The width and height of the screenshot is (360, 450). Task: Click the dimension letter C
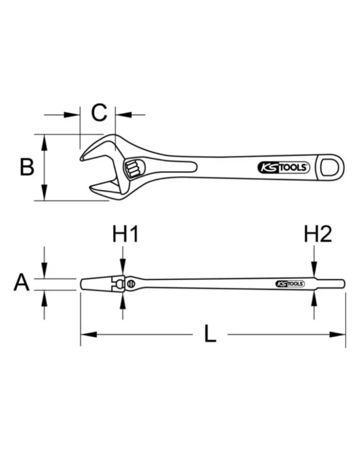pos(99,113)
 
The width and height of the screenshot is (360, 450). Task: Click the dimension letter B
pos(27,167)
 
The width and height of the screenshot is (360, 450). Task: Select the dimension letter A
pos(22,282)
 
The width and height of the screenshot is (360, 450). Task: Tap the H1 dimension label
pos(125,234)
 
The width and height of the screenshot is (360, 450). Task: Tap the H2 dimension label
pos(318,234)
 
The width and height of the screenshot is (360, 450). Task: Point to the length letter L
pos(210,334)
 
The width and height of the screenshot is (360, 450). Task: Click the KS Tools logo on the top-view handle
pos(284,168)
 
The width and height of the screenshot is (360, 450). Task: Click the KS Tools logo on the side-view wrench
pos(290,284)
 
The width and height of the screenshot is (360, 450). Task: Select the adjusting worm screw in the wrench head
pos(133,169)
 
